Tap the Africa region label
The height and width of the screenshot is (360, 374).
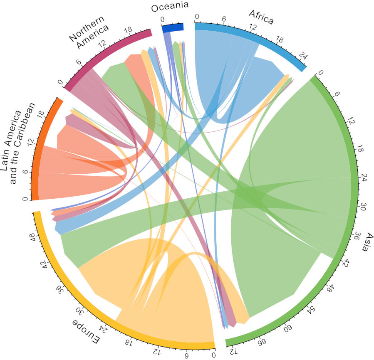pyautogui.click(x=261, y=17)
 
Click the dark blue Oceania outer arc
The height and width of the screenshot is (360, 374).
pyautogui.click(x=172, y=27)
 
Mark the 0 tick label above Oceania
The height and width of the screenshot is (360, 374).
pyautogui.click(x=162, y=19)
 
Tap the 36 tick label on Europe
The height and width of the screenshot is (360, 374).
pyautogui.click(x=62, y=291)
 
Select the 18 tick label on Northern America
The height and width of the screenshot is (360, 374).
pyautogui.click(x=128, y=30)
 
